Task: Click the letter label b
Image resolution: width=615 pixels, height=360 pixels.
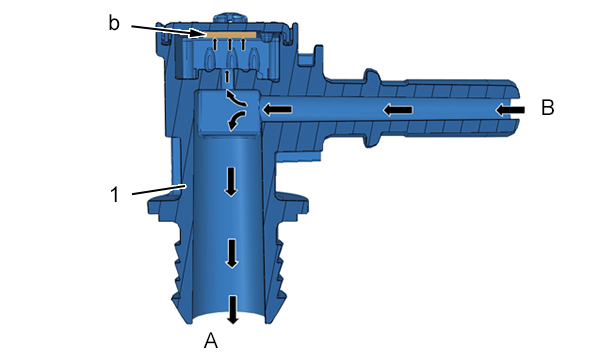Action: click(x=114, y=23)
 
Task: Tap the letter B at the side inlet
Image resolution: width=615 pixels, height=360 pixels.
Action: click(x=548, y=107)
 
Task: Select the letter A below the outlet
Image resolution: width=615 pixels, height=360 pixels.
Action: click(x=211, y=340)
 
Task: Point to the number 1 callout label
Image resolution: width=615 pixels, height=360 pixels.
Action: click(x=115, y=195)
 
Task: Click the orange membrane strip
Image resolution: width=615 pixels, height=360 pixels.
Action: click(x=231, y=35)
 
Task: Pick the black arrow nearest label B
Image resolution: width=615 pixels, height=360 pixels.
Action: click(x=510, y=110)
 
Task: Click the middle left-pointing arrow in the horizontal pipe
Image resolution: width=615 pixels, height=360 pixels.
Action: click(x=398, y=110)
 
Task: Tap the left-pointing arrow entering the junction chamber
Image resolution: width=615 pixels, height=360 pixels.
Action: click(x=277, y=109)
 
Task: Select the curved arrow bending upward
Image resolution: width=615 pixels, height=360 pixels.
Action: click(x=235, y=98)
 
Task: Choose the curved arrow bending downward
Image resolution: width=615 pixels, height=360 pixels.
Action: click(x=236, y=120)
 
